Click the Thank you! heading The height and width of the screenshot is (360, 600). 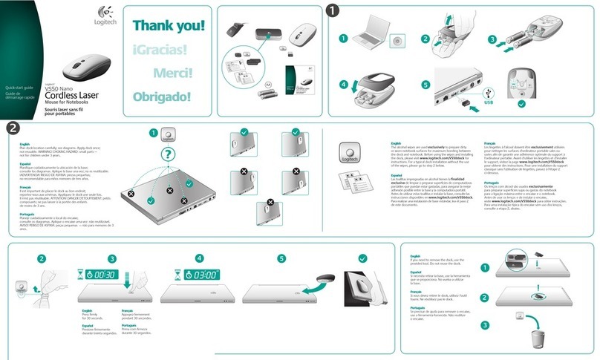click(x=168, y=25)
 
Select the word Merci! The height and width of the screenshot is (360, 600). click(x=173, y=73)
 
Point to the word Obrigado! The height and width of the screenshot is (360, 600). click(x=162, y=96)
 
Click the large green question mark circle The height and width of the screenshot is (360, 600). click(x=169, y=154)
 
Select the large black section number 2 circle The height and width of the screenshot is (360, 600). click(x=13, y=128)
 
